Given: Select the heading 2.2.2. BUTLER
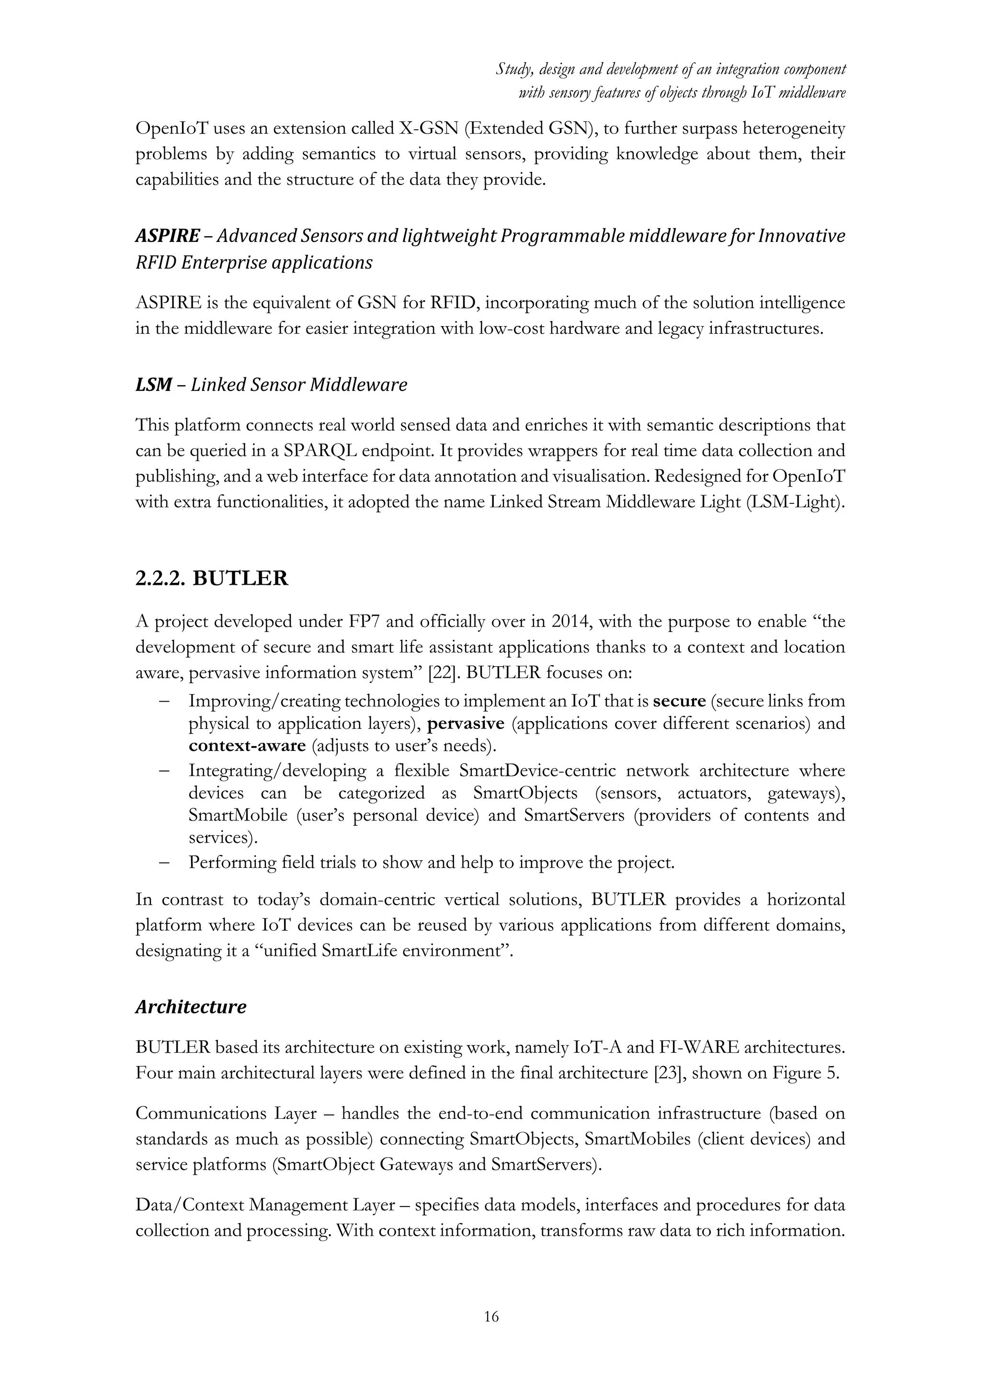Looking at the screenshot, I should pyautogui.click(x=211, y=578).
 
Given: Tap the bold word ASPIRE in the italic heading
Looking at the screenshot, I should pyautogui.click(x=167, y=236).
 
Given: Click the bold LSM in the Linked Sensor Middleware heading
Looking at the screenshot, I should pyautogui.click(x=153, y=384).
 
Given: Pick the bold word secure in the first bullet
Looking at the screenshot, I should pyautogui.click(x=680, y=701).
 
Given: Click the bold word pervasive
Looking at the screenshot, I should pyautogui.click(x=465, y=723).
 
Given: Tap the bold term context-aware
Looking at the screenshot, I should pyautogui.click(x=247, y=745).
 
